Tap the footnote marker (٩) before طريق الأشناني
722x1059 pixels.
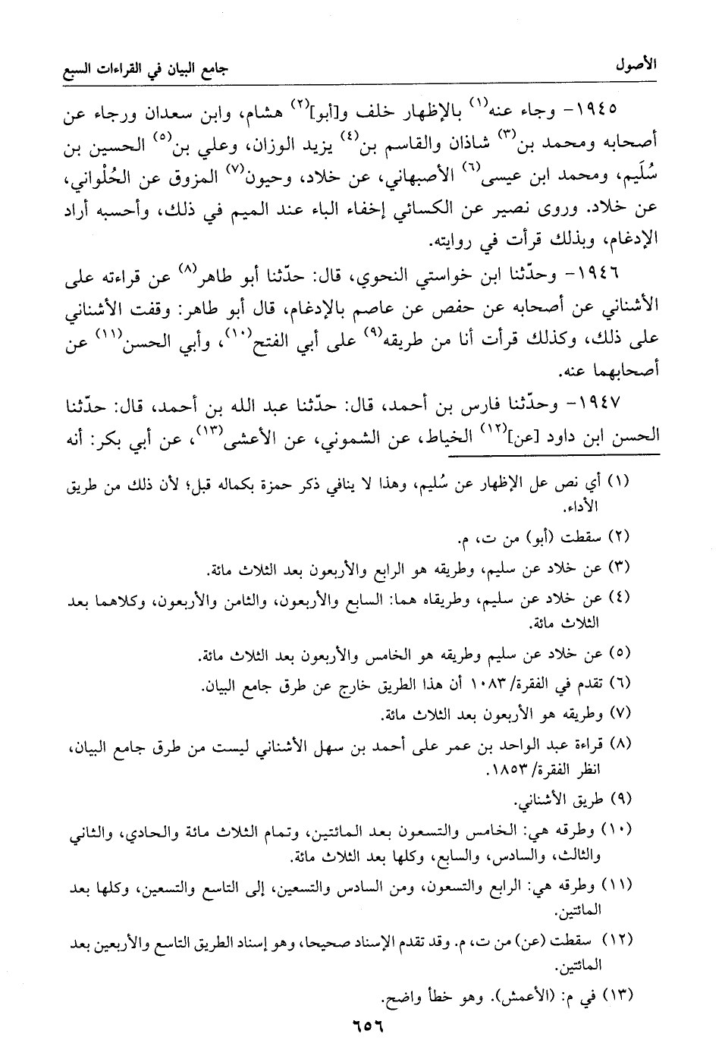click(x=620, y=800)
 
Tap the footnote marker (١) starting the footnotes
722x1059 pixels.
click(x=620, y=482)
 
